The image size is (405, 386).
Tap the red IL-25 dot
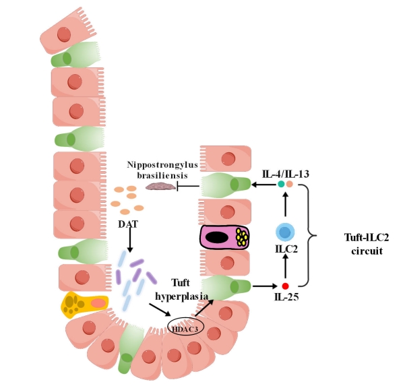285,286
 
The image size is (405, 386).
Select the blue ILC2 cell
286,233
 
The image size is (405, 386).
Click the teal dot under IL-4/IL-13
281,185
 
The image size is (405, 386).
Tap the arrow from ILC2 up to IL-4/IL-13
285,205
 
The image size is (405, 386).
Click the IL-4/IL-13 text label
285,174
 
